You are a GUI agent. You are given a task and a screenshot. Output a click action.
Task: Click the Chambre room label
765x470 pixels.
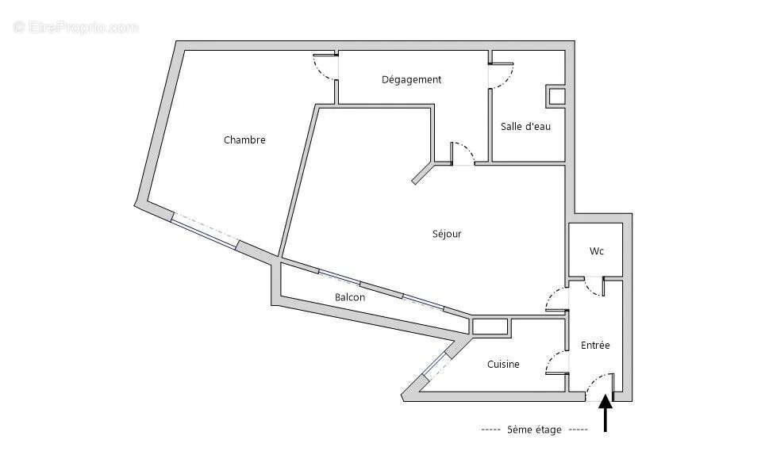coord(244,140)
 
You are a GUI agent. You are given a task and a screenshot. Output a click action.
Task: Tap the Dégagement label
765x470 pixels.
coord(411,79)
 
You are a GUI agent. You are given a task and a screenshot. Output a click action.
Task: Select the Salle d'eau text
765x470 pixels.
coord(525,126)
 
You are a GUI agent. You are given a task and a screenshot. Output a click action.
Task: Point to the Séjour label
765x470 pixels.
coord(446,234)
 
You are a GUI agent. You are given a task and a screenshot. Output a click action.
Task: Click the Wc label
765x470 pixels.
coord(596,251)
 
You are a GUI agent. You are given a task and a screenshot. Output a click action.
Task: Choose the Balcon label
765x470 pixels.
coord(350,297)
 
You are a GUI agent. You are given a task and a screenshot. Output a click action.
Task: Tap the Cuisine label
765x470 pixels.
coord(503,365)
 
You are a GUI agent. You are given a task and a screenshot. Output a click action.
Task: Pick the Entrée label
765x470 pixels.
coord(595,346)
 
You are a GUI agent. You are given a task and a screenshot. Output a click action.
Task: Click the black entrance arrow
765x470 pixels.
coord(605,415)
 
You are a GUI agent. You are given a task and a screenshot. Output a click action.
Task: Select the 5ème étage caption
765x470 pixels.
coord(534,430)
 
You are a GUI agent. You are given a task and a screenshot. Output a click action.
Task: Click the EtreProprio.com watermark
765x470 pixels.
coord(76,27)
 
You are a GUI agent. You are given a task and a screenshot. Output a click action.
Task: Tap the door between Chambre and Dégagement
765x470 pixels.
coord(326,68)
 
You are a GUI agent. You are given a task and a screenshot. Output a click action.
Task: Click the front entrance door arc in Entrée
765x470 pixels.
coord(599,382)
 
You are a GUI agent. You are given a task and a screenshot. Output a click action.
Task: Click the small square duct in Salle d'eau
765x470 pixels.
coord(556,97)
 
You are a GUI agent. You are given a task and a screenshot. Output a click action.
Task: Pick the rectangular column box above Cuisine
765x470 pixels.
coord(490,326)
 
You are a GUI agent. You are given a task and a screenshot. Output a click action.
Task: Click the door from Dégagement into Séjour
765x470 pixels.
coord(462,154)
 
